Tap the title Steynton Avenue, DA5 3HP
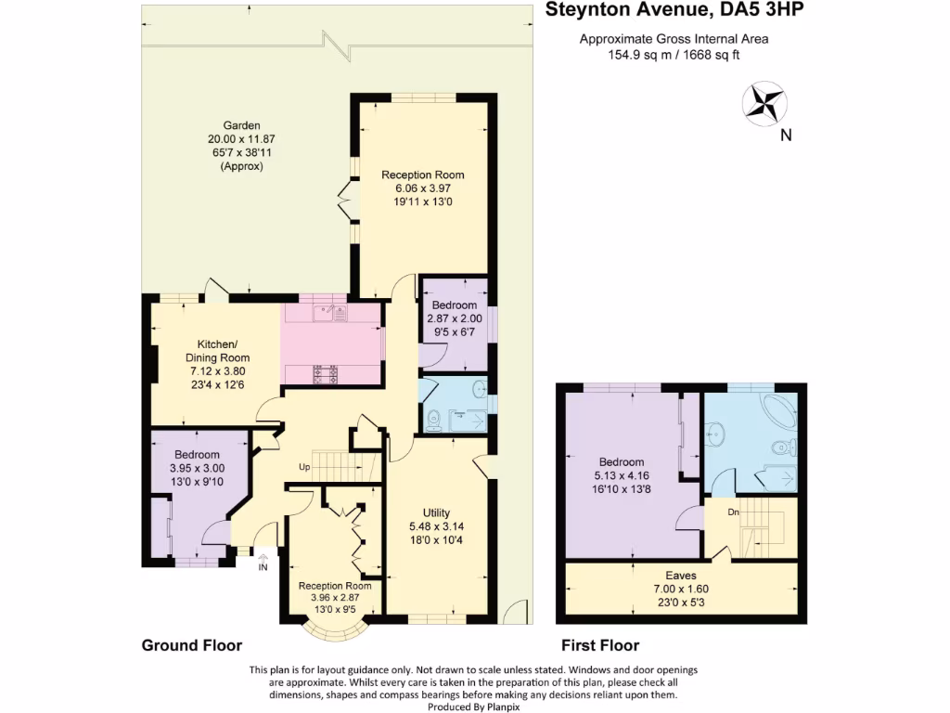(674, 12)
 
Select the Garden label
(241, 125)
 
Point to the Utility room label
(436, 513)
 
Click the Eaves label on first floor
(681, 576)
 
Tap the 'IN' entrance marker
(263, 567)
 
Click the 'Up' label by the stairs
(303, 466)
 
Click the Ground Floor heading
(191, 645)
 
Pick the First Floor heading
(600, 645)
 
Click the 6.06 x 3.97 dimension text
(423, 188)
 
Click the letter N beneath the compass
(786, 136)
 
